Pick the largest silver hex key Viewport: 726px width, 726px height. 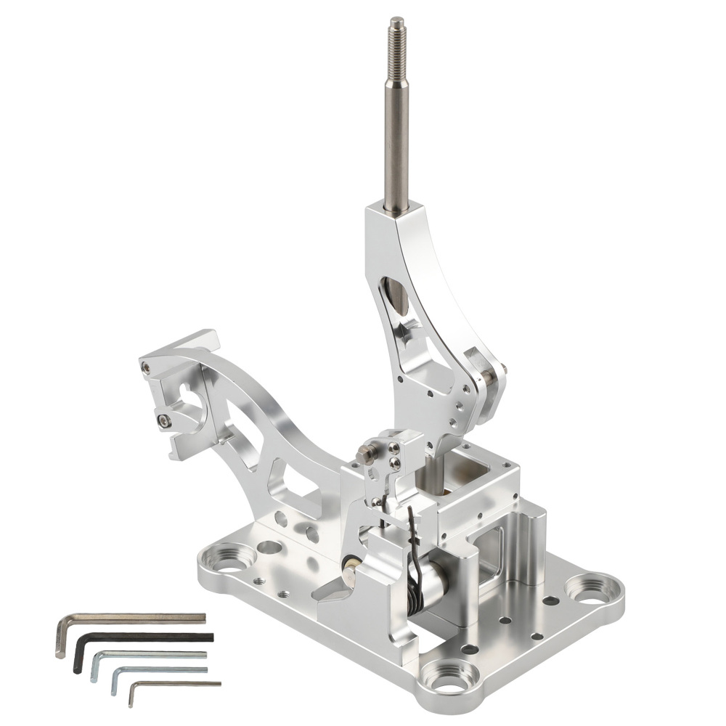(131, 619)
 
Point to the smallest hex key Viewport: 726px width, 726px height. (174, 684)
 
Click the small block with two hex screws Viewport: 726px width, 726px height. (391, 453)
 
